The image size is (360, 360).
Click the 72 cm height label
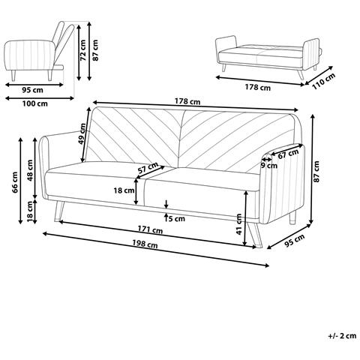83,50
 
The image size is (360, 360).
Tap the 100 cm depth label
35,103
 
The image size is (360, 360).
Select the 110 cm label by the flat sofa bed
324,81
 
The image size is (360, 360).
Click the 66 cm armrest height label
16,182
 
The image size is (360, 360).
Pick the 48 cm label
30,170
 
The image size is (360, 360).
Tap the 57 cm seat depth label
148,168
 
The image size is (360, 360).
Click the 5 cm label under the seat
177,219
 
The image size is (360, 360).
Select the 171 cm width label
150,229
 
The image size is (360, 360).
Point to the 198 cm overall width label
145,244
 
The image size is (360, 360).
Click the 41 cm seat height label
239,224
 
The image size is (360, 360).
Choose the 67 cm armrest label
288,154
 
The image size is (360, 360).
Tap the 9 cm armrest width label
269,166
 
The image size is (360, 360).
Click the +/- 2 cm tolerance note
342,335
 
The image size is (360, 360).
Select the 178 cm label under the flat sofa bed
258,87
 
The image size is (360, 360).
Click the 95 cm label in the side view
32,90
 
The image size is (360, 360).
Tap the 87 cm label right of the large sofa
316,172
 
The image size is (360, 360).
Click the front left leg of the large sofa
59,211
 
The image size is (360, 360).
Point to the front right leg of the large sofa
255,235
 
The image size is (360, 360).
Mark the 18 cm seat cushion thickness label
124,190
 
